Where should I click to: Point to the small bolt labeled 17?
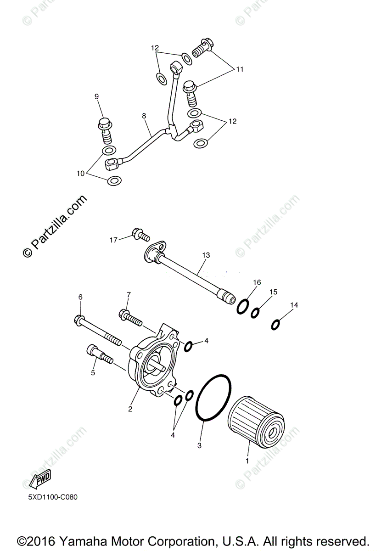[140, 236]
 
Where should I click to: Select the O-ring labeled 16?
[243, 307]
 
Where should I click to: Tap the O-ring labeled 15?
[255, 313]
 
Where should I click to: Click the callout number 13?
[205, 254]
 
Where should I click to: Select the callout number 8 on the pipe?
[144, 116]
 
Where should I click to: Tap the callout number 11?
[240, 69]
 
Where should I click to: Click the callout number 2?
[130, 409]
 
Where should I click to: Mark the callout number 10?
[81, 174]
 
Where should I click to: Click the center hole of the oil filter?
[271, 432]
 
